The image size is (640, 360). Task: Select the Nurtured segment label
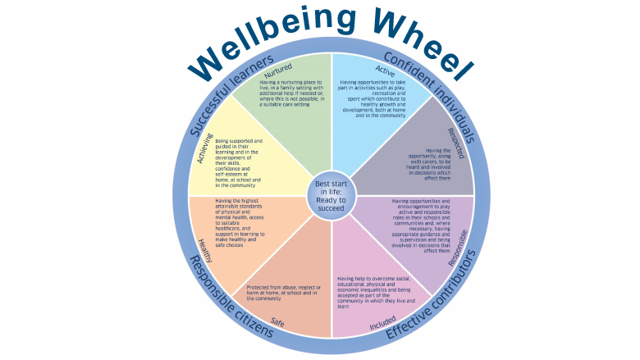[x=284, y=72]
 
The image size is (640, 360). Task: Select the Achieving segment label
[x=205, y=148]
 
